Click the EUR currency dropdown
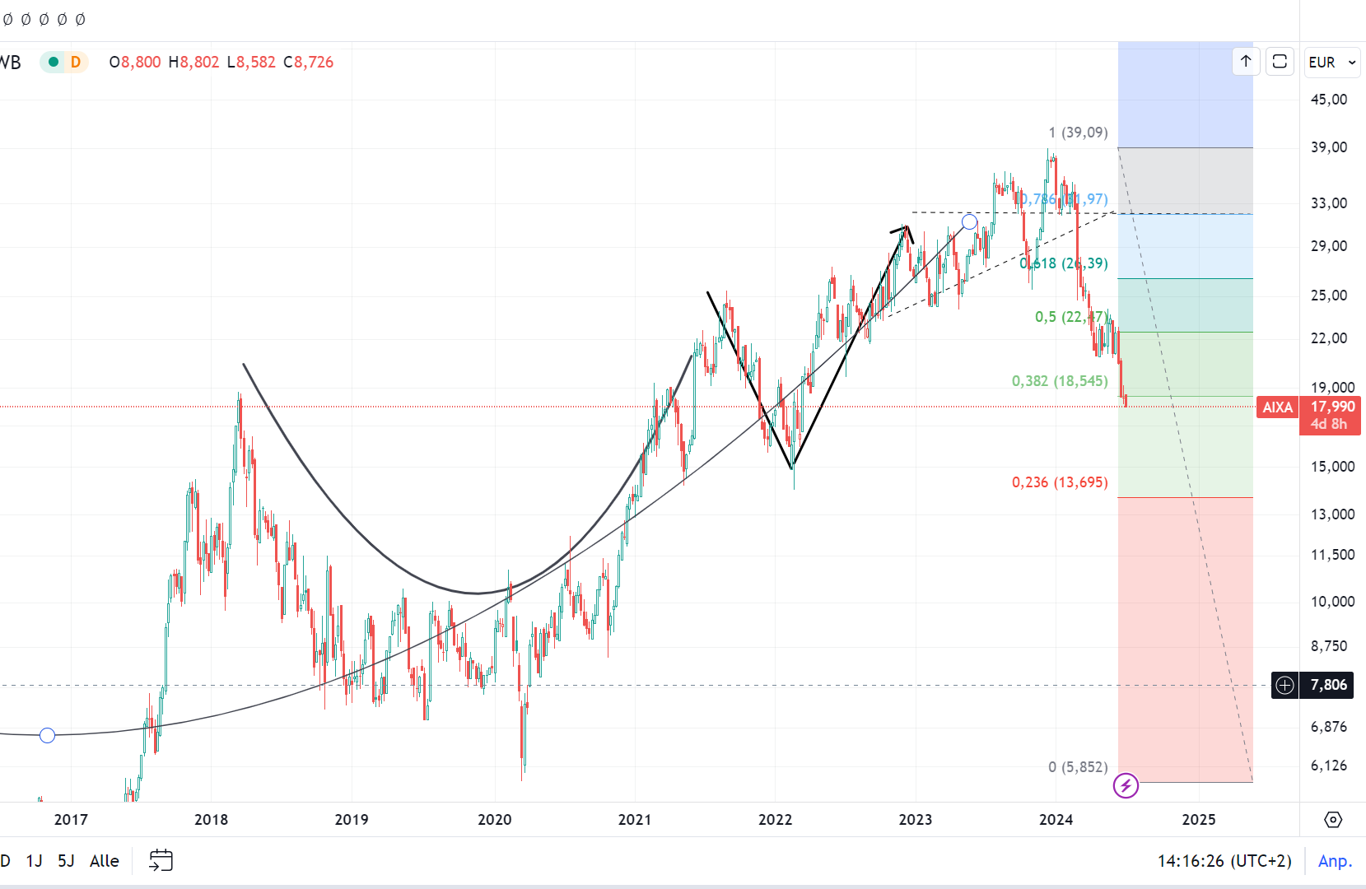[1331, 63]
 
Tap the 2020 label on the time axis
[494, 819]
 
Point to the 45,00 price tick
[1328, 100]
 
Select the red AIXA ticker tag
[1277, 407]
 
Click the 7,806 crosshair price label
[1328, 685]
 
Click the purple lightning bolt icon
[1126, 785]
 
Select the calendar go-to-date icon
[161, 860]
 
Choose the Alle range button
[104, 860]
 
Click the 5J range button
[66, 860]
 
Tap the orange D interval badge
[76, 62]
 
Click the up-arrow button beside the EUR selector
[1246, 62]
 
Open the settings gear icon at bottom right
[1332, 819]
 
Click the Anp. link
[1335, 860]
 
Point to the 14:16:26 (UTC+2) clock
[1224, 860]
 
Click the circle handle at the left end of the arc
[47, 735]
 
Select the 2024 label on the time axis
[1056, 819]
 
